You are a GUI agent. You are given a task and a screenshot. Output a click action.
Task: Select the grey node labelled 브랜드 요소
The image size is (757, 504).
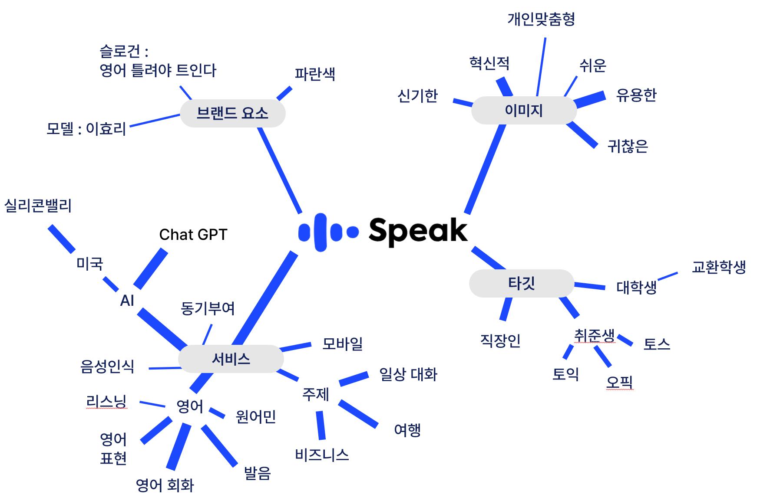click(232, 113)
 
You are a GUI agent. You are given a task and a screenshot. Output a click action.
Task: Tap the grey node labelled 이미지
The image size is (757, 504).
click(523, 111)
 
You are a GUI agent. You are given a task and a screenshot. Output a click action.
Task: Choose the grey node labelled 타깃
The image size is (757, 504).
click(521, 283)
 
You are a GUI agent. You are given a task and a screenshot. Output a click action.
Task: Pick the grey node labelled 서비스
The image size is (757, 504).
click(231, 359)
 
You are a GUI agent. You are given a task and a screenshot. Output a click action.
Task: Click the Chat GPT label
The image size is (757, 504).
click(193, 235)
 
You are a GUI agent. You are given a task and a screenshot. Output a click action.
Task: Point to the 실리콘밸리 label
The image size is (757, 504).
click(38, 206)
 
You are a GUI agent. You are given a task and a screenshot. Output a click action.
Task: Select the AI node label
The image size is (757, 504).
click(127, 300)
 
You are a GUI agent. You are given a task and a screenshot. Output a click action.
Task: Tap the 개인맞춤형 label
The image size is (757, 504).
click(541, 19)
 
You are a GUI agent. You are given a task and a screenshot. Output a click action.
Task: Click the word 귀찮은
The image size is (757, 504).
click(628, 146)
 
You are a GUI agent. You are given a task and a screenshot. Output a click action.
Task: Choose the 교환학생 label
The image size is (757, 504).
click(719, 267)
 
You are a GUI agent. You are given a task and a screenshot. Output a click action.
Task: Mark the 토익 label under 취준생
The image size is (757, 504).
click(565, 374)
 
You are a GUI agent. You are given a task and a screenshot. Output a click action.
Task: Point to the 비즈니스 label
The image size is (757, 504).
click(322, 455)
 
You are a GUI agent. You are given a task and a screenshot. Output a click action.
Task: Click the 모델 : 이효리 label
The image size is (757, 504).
click(86, 129)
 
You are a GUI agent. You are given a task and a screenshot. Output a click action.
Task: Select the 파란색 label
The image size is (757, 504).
click(315, 74)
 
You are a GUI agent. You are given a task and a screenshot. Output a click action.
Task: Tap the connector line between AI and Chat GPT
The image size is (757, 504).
click(150, 269)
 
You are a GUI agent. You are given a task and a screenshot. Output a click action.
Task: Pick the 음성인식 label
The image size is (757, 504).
click(107, 367)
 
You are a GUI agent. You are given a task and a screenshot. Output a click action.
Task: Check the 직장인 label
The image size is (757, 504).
click(500, 340)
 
